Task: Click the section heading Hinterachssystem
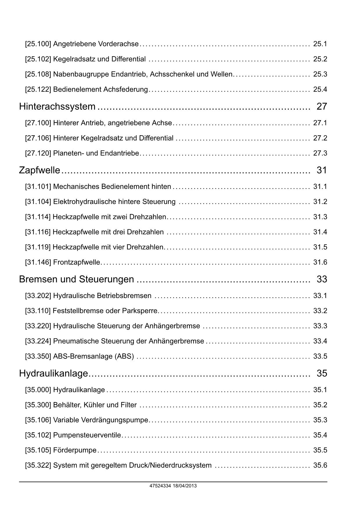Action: pos(57,107)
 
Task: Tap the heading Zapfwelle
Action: pos(39,170)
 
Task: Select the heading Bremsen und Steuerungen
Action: pos(76,279)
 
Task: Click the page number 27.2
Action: pos(320,138)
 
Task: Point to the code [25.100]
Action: pos(38,44)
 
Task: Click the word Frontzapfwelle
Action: pos(77,262)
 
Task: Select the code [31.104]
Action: pos(38,202)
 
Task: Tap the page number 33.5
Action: pos(320,356)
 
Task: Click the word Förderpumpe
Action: pos(75,450)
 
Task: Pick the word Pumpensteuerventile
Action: pos(87,435)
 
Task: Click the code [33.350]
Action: pos(38,356)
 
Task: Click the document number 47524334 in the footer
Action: pos(160,486)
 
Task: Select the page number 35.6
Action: pos(320,465)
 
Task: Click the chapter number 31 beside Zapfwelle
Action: pos(322,170)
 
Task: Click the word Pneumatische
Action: pos(76,341)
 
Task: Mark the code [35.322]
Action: pos(38,465)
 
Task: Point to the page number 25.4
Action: pos(320,89)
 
